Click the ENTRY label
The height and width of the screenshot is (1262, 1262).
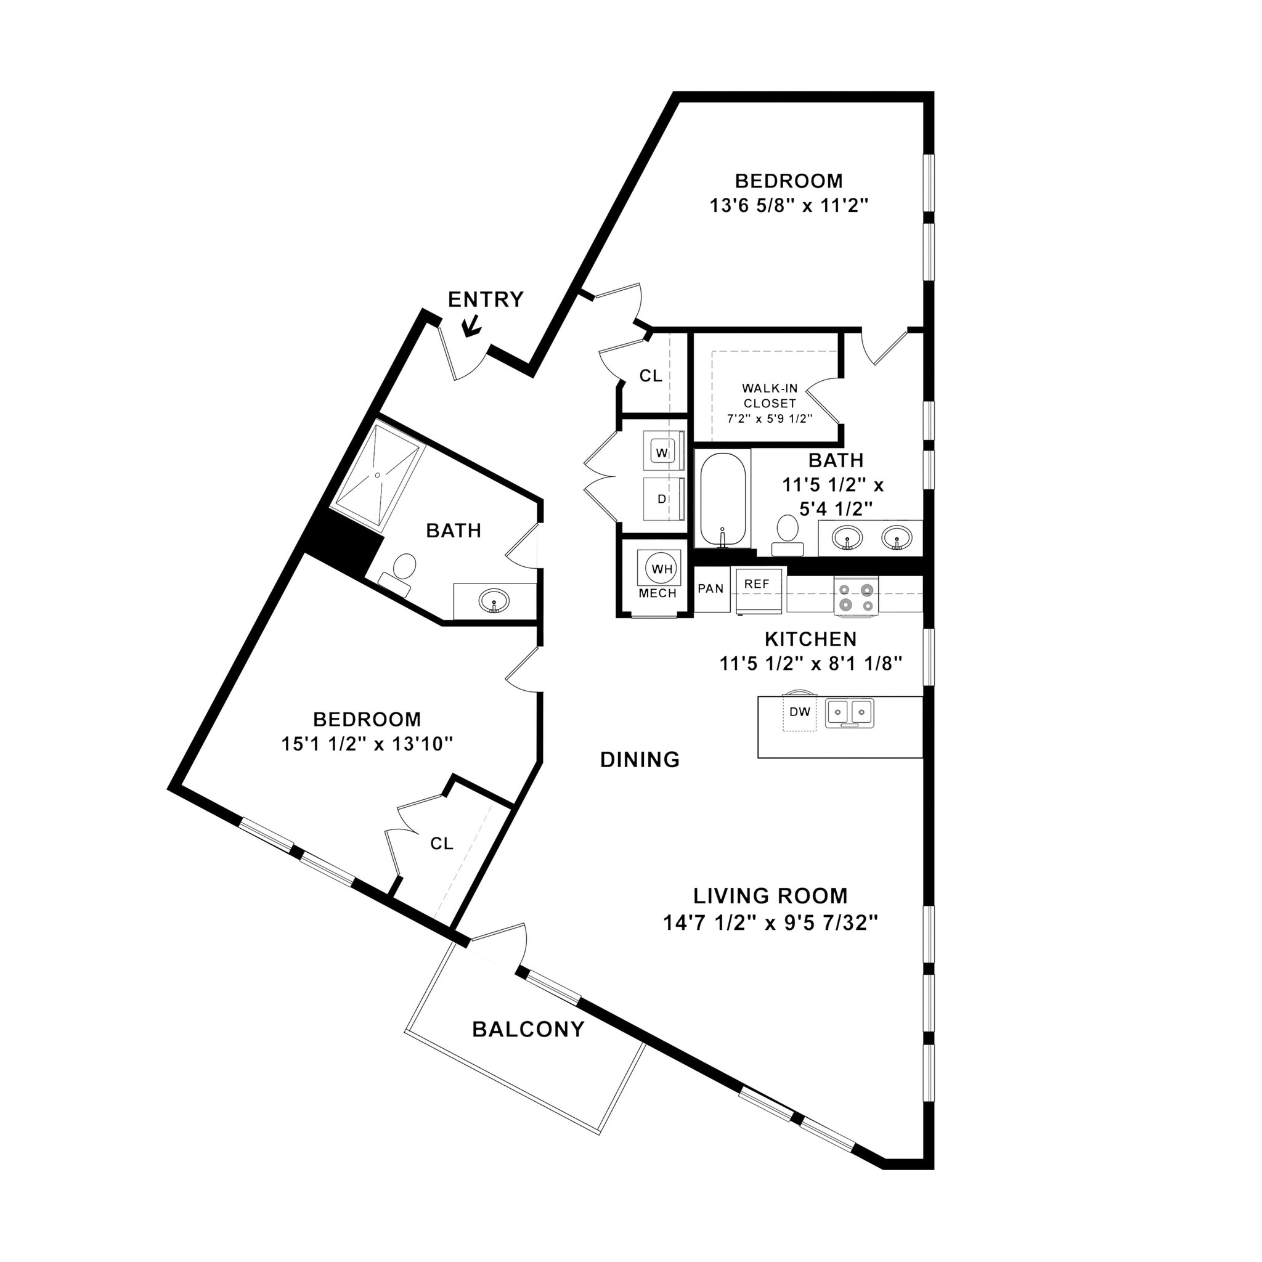tap(486, 299)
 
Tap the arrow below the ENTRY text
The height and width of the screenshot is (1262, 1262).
tap(471, 325)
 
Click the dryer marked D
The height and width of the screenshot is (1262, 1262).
tap(662, 499)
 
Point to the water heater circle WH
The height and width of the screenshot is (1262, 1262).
tap(662, 569)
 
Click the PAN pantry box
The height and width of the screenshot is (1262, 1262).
tap(710, 588)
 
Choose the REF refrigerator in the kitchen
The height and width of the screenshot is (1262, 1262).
tap(757, 590)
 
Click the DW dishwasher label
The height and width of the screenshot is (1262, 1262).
tap(799, 712)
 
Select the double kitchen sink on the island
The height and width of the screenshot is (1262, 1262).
tap(849, 713)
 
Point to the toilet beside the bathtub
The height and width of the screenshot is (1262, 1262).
tap(788, 534)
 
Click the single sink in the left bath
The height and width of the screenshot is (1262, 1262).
tap(494, 600)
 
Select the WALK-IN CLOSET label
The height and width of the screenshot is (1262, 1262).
tap(770, 396)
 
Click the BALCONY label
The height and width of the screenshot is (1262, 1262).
tap(528, 1030)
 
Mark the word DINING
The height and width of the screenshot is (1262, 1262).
tap(640, 759)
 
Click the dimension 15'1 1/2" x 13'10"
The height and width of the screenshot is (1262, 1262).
tap(367, 743)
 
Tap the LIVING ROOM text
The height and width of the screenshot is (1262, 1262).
tap(770, 895)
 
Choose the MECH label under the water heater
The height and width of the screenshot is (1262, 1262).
tap(657, 594)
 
